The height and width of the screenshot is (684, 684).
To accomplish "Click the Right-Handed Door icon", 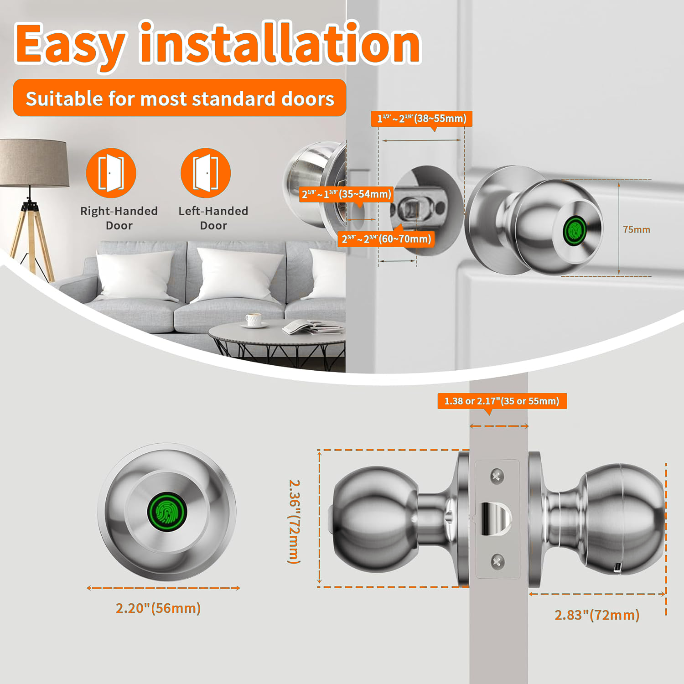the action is coord(111,173).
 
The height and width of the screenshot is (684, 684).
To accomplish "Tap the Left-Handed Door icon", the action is coord(206,173).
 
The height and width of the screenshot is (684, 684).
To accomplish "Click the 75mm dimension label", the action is coord(637,229).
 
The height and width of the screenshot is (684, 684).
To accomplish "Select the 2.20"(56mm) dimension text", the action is coord(158,608).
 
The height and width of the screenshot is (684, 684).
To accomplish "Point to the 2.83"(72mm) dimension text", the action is coord(597,615).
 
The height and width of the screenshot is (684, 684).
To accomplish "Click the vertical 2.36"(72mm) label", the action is coord(295,521).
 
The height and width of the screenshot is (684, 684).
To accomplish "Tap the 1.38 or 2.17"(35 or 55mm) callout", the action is coord(502,401).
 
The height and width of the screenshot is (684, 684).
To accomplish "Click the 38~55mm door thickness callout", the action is coord(422,119).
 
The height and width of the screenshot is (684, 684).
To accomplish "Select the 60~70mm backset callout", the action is coord(386,239).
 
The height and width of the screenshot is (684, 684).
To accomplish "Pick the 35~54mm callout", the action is coord(347,194).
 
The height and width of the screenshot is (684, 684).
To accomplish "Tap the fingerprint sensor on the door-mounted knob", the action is coord(575,229).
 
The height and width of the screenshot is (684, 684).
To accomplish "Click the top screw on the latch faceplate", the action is coord(497,477).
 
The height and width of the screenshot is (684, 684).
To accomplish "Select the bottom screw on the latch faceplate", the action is coord(497,561).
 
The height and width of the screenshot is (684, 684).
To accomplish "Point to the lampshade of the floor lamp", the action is coord(34,163).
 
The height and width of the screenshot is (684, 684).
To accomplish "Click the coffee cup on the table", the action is coord(254,320).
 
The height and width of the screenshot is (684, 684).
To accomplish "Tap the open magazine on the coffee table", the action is coord(312,327).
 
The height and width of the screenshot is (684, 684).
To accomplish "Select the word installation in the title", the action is coord(280,42).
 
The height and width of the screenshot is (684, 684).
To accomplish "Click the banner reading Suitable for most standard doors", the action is coord(180,98).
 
